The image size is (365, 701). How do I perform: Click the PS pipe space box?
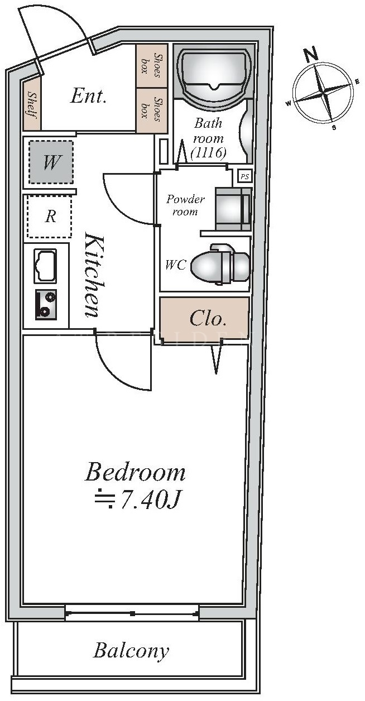click(245, 176)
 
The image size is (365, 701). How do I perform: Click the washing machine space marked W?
click(51, 162)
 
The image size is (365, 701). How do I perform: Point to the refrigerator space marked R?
click(50, 216)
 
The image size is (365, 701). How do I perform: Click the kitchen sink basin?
click(45, 265)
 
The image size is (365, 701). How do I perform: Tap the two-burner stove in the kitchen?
click(46, 305)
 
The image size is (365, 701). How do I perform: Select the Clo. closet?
click(205, 319)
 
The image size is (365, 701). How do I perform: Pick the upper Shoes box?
click(151, 65)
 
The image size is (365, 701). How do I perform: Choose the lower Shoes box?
click(151, 109)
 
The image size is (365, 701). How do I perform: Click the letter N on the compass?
click(311, 55)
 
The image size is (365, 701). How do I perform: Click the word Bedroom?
click(135, 473)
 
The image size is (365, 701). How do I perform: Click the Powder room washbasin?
click(233, 209)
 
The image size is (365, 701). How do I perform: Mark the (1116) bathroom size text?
click(208, 152)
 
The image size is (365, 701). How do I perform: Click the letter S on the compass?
click(334, 127)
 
